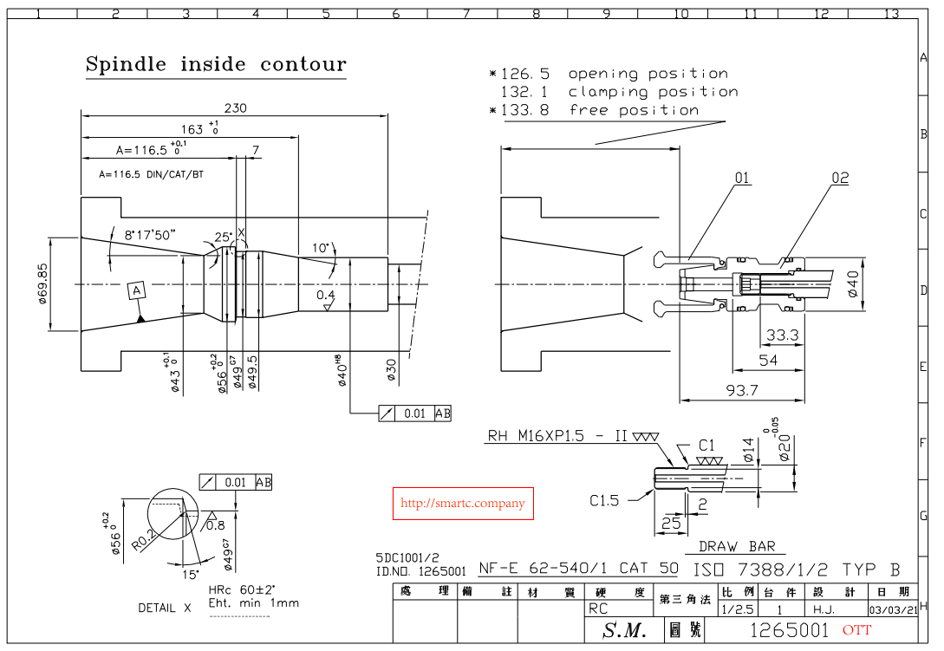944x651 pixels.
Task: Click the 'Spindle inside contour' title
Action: [216, 65]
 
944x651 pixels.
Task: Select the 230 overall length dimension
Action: [235, 108]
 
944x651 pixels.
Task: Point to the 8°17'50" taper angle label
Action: [150, 234]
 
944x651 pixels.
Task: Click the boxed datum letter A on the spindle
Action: [136, 290]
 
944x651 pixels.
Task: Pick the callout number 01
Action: [742, 179]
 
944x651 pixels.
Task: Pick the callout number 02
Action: [840, 179]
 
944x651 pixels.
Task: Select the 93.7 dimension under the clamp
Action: [742, 391]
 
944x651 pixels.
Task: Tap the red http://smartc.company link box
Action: [462, 503]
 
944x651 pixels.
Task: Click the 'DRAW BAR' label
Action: [737, 546]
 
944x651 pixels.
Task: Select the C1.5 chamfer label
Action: [604, 500]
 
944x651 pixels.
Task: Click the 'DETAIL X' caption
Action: [165, 609]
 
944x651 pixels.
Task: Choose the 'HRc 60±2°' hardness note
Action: [242, 589]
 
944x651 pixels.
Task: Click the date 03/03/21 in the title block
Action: [893, 609]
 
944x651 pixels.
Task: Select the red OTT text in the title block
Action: [856, 630]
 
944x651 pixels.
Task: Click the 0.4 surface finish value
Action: [325, 296]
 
